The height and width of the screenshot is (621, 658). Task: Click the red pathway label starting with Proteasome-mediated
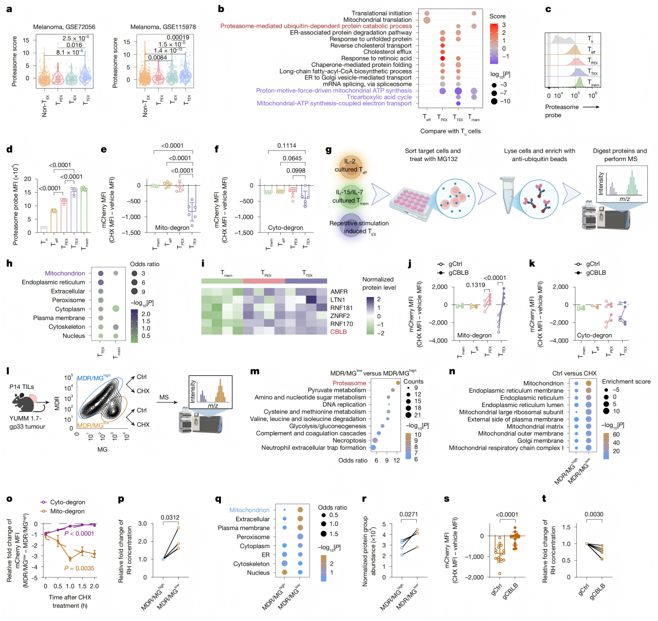point(316,26)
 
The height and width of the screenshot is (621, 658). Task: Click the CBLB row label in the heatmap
point(338,332)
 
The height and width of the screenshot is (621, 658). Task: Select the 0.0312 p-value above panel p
point(170,517)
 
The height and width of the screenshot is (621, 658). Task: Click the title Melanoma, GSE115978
point(163,27)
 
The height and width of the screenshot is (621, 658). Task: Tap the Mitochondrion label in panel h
point(65,273)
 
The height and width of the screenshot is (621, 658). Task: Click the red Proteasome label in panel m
point(349,383)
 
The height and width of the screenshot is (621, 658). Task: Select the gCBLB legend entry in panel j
point(458,272)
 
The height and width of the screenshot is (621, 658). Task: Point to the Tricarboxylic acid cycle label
point(379,97)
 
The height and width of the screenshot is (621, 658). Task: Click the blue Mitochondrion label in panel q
point(249,510)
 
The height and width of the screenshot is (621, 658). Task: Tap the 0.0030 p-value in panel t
point(593,514)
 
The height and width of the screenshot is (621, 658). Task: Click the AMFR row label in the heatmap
point(339,292)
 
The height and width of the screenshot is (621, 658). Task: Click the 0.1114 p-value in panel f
point(286,146)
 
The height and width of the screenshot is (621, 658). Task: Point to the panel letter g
point(329,149)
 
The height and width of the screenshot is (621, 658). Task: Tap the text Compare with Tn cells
point(450,131)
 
